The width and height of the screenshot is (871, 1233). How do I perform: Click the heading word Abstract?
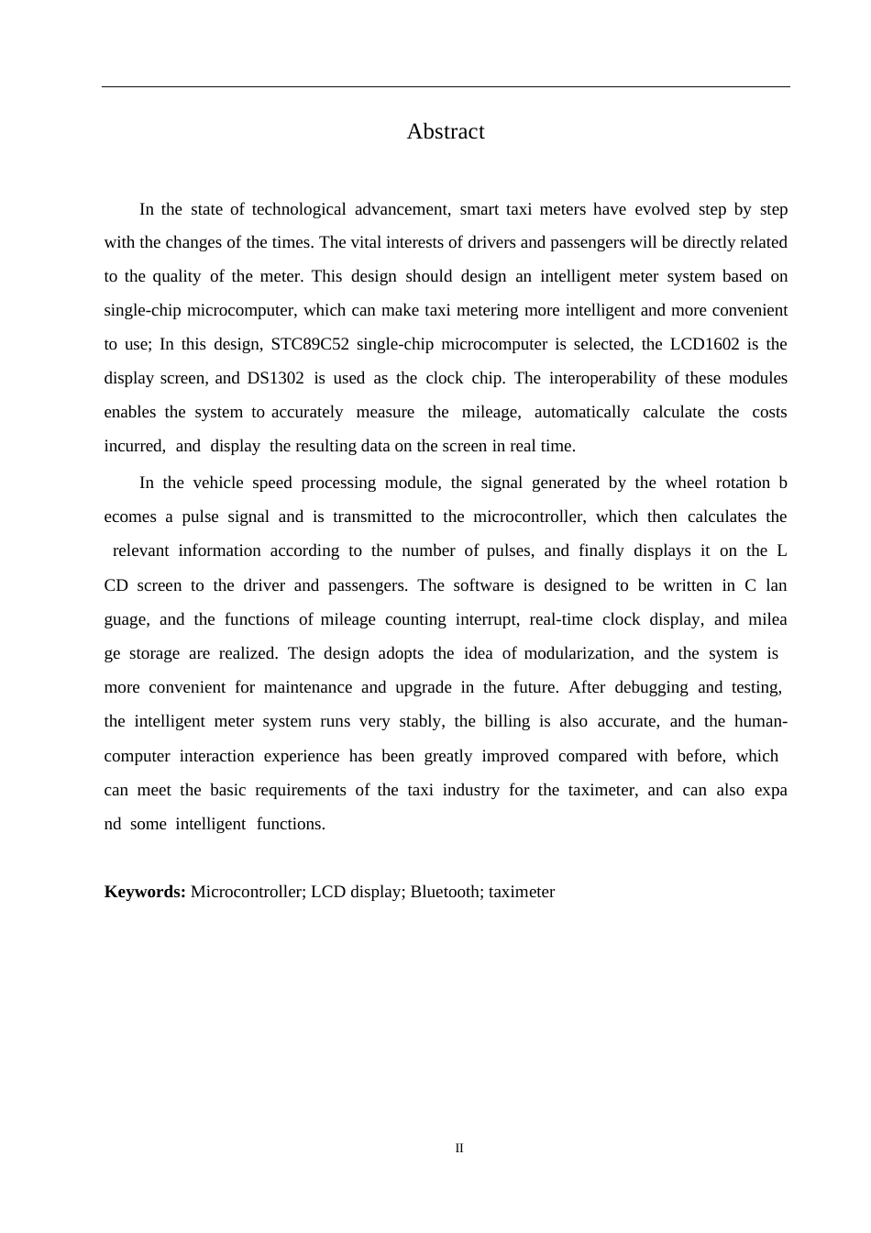[446, 131]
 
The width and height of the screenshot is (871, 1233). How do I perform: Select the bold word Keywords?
[145, 892]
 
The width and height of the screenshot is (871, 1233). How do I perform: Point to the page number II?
[459, 1149]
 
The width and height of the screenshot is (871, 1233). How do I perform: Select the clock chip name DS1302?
[275, 378]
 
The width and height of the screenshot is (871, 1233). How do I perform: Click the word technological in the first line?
[299, 209]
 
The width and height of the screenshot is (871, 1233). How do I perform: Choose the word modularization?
[578, 653]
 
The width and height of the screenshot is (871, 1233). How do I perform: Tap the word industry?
[471, 790]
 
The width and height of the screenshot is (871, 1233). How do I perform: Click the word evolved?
[662, 209]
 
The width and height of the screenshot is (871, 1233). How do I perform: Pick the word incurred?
[134, 446]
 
